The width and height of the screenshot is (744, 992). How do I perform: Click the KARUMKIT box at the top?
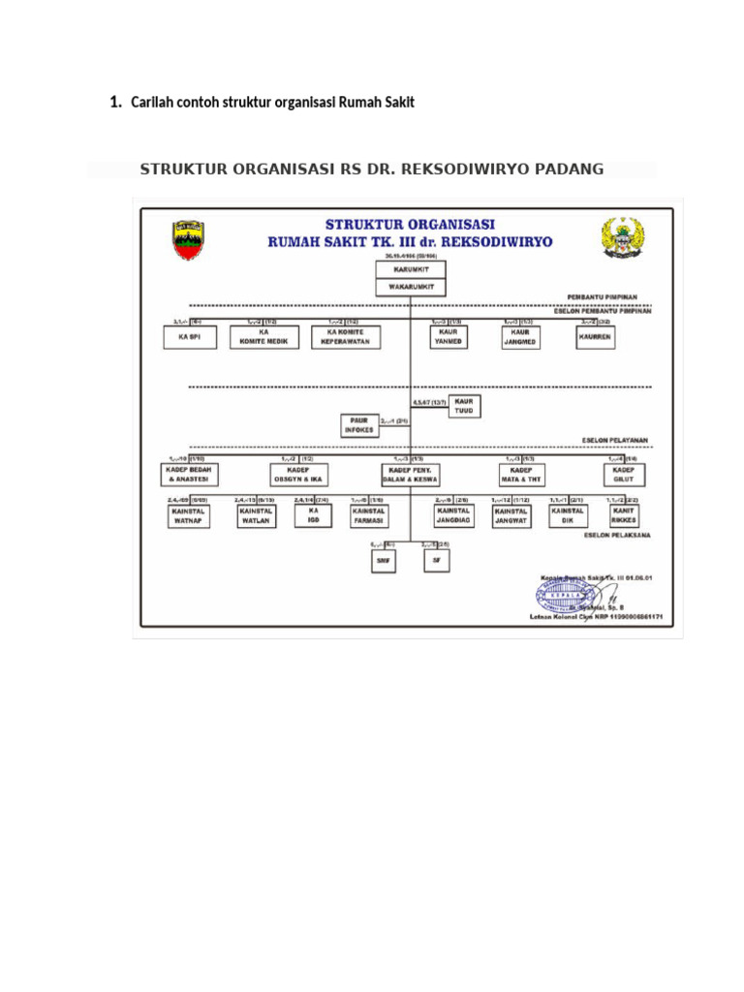[411, 270]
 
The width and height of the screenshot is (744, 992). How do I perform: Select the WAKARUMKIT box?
[411, 287]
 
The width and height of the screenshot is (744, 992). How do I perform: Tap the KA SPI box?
[189, 337]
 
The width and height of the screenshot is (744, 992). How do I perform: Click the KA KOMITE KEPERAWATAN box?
[346, 336]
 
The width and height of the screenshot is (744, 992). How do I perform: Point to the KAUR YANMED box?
[449, 336]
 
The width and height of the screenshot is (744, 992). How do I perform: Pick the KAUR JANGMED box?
[518, 336]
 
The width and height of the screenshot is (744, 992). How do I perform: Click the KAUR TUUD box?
[464, 405]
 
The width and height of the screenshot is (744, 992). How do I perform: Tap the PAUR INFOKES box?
[357, 424]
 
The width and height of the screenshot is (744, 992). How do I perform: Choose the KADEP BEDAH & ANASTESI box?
[190, 474]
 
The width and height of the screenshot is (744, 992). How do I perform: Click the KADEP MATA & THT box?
[521, 474]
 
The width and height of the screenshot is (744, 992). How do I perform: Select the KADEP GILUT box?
[623, 474]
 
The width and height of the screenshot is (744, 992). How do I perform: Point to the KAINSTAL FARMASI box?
[368, 515]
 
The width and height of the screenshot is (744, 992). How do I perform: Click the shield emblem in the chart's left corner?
[188, 239]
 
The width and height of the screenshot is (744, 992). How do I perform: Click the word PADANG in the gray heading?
[570, 170]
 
